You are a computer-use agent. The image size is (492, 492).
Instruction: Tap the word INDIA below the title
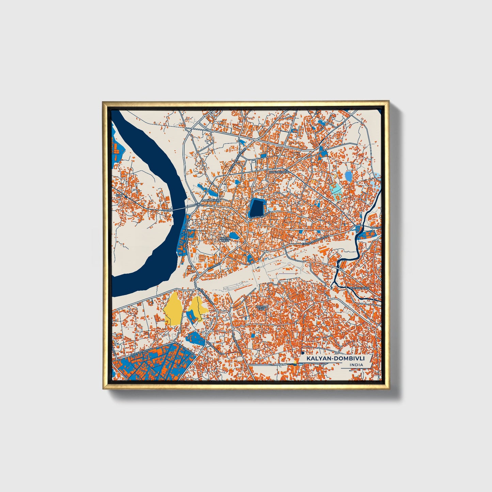tap(356, 365)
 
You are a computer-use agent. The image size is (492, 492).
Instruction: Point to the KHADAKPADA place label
tap(279, 172)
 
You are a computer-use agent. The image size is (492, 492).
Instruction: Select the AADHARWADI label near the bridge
tap(211, 201)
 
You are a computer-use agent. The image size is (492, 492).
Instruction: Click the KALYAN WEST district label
tap(225, 240)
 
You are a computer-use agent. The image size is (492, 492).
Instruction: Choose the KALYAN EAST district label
tap(261, 307)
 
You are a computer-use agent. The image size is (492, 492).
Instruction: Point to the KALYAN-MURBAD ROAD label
tap(315, 240)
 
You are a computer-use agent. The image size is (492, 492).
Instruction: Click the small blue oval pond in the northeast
tap(348, 176)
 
